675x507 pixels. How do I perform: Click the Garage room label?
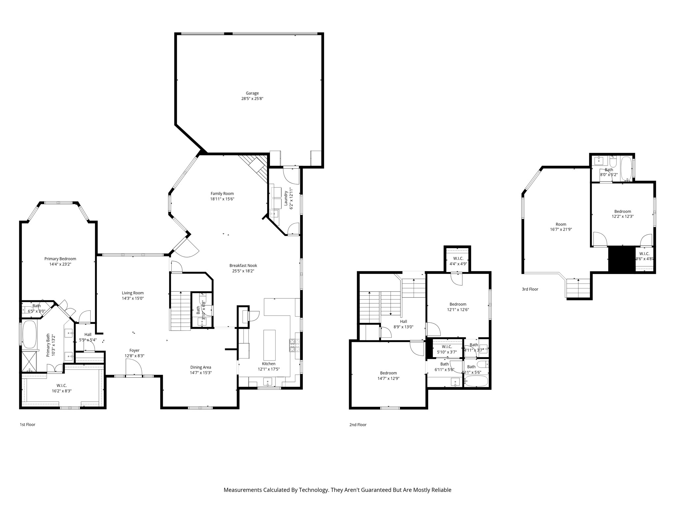click(x=252, y=93)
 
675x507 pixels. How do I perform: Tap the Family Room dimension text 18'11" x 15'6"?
click(x=222, y=199)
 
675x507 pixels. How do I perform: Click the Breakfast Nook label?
click(x=243, y=265)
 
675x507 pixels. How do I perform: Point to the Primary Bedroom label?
click(x=60, y=259)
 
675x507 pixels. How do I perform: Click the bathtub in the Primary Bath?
click(x=29, y=334)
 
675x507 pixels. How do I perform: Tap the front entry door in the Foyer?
click(x=133, y=368)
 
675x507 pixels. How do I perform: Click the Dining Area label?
click(x=201, y=367)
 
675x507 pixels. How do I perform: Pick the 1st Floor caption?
click(x=27, y=424)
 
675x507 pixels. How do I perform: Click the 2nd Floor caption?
click(x=358, y=425)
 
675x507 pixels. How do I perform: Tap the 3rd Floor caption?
click(x=530, y=289)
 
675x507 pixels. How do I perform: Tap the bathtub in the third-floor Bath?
click(x=626, y=168)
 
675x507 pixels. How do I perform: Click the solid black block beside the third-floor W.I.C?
click(x=621, y=259)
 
